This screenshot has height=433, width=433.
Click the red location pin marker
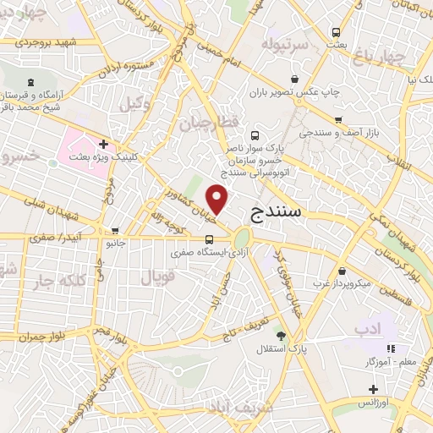[x=218, y=200]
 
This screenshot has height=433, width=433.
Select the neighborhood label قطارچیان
[x=206, y=123]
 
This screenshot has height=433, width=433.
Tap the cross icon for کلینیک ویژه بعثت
[x=103, y=144]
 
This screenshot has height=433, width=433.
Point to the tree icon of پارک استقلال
[x=282, y=335]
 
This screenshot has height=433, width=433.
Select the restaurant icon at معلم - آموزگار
[x=390, y=348]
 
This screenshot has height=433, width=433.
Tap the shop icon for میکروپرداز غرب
[x=341, y=272]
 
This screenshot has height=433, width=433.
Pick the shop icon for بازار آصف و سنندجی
[x=338, y=120]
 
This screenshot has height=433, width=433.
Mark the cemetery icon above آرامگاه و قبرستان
[x=31, y=82]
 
